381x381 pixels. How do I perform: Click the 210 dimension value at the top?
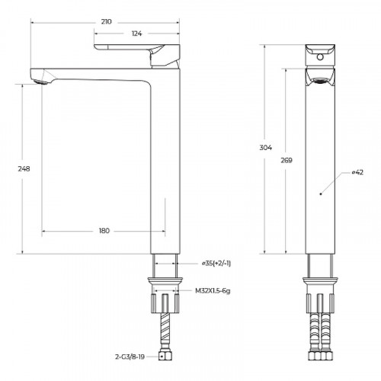(x=106, y=22)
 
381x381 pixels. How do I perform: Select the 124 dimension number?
(x=137, y=34)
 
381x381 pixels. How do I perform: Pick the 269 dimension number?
(x=286, y=161)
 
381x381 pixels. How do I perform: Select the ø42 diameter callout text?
(x=358, y=173)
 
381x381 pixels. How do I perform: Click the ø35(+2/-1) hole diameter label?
(x=216, y=263)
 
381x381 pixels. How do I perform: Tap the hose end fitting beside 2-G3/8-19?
(x=163, y=355)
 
